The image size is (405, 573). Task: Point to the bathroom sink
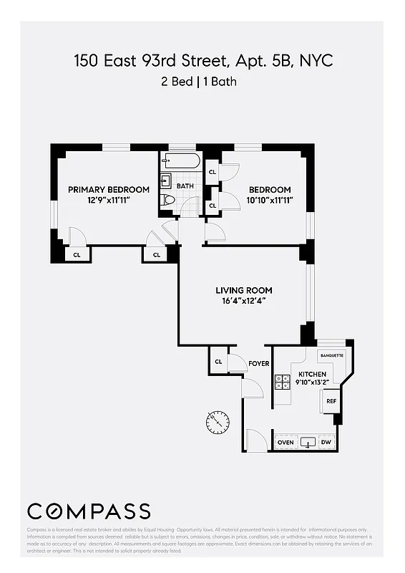(165, 180)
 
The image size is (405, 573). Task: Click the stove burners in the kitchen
(282, 382)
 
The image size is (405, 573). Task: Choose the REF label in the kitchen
(331, 401)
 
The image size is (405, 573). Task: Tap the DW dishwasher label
(327, 443)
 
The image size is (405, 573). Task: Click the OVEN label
(286, 443)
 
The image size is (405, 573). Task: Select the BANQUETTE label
(332, 355)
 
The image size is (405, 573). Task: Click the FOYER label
(259, 364)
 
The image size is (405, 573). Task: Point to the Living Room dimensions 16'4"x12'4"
(244, 301)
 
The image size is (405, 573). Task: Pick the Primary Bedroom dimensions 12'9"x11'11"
(109, 201)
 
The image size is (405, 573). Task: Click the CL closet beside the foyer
(218, 362)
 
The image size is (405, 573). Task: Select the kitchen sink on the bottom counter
(308, 442)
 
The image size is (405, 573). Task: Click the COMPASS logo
(89, 511)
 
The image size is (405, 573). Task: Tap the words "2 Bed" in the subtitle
(176, 82)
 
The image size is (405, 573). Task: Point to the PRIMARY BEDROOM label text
(109, 190)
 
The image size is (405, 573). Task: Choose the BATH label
(185, 186)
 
